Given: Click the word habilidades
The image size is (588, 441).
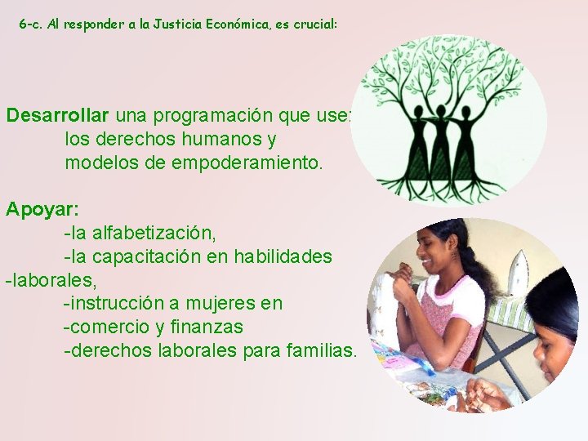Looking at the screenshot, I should click(283, 256).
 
